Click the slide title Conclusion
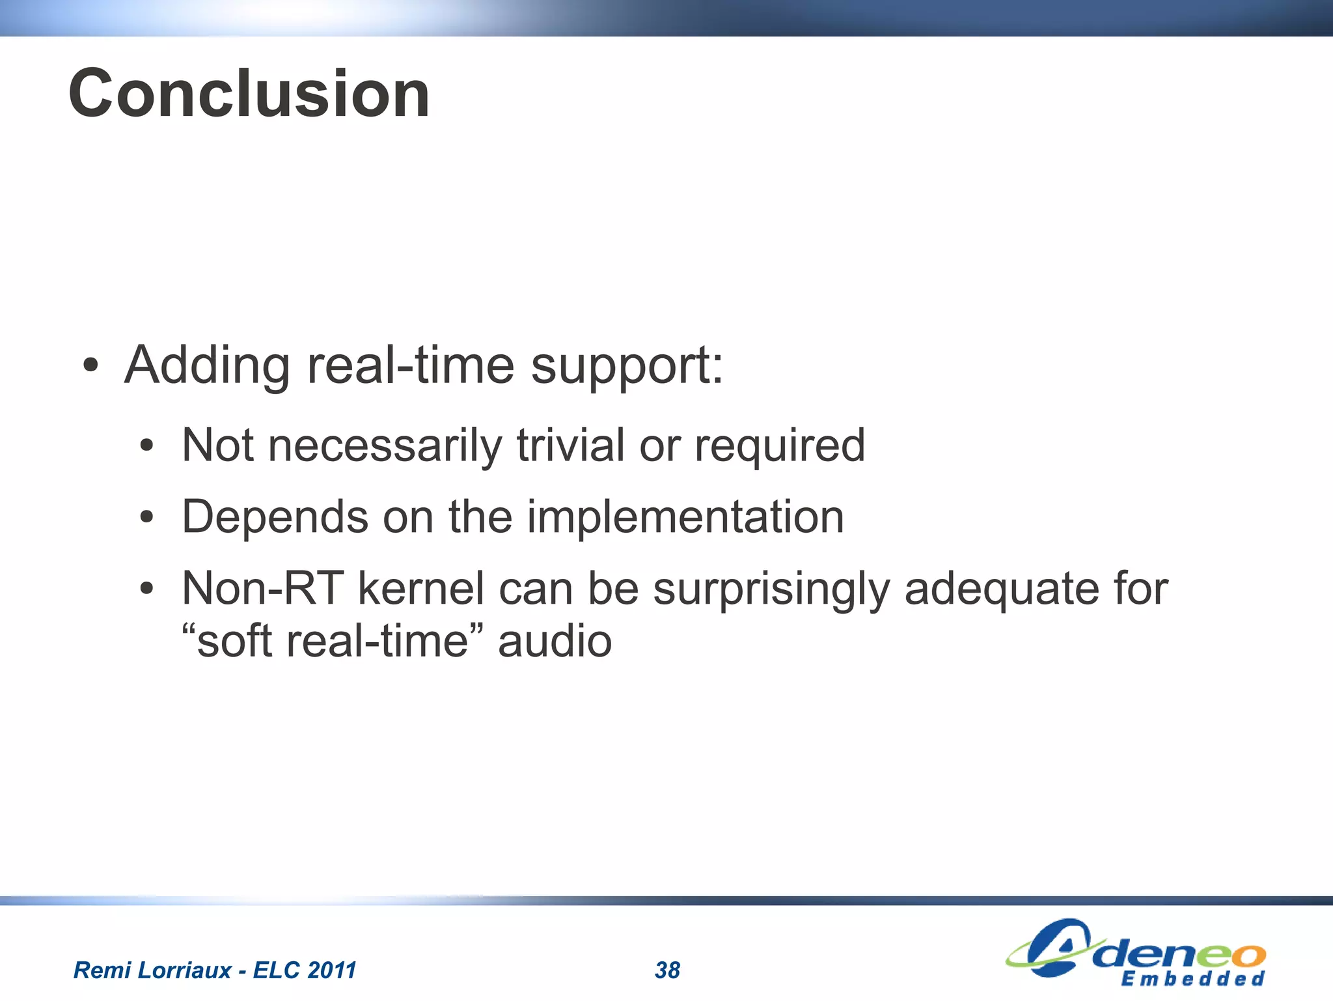(249, 94)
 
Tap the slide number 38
(667, 970)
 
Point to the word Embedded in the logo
(1192, 979)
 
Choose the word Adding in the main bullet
(207, 365)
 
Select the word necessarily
(385, 446)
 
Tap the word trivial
(571, 446)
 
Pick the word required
(780, 446)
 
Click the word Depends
(275, 518)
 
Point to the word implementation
(685, 518)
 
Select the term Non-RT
(262, 588)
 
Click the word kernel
(420, 588)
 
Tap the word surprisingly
(771, 589)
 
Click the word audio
(555, 641)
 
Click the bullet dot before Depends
(146, 518)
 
